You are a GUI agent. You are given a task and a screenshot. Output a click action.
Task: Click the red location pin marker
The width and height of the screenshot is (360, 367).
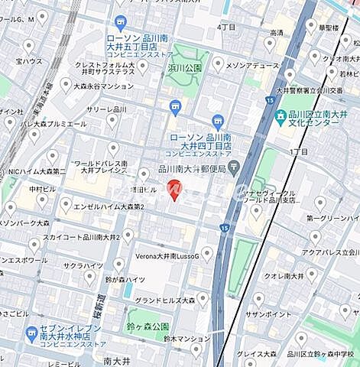tap(174, 188)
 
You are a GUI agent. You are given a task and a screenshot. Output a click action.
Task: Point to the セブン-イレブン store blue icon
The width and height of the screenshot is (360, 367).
tap(31, 334)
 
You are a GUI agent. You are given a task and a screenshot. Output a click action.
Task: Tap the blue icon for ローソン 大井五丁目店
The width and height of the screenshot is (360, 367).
tap(120, 22)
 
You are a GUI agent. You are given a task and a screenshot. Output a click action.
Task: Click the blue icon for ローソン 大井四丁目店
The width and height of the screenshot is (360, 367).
tap(218, 121)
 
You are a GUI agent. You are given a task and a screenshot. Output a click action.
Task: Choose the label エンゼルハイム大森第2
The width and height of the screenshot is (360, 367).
tap(105, 206)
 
